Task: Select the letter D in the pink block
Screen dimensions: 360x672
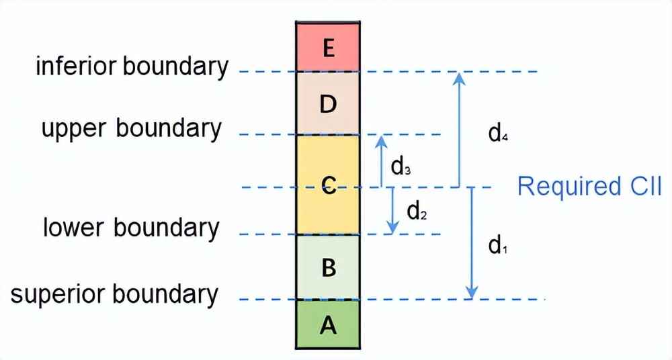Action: point(329,104)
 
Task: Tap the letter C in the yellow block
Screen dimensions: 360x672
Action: point(329,184)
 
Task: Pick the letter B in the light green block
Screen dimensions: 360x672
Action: point(329,268)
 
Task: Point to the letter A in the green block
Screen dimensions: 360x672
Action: point(329,325)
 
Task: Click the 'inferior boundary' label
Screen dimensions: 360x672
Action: point(132,67)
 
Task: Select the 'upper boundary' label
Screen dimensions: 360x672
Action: point(132,128)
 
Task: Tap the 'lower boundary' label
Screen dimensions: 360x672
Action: point(131,228)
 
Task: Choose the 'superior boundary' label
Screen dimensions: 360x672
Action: point(114,294)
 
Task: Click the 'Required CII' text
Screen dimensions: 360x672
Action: point(590,186)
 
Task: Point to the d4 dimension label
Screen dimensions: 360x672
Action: point(498,134)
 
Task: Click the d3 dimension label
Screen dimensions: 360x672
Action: point(401,166)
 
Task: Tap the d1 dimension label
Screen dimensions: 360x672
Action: point(498,246)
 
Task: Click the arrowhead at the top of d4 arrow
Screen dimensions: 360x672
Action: point(459,77)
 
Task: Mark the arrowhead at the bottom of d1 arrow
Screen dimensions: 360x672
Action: point(472,293)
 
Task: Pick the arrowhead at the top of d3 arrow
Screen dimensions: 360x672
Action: point(381,140)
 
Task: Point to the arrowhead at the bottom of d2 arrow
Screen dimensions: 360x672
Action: point(393,228)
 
